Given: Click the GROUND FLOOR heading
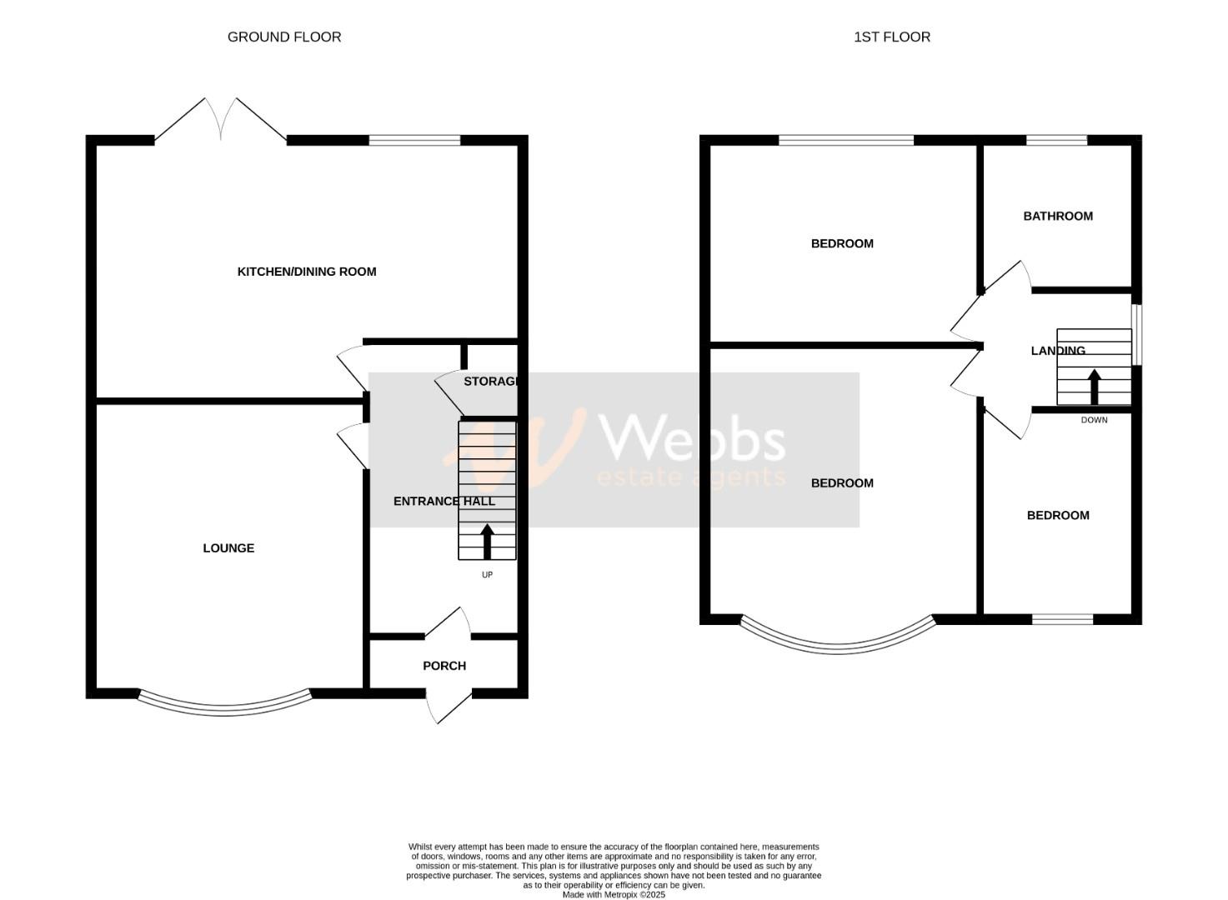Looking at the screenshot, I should (284, 37).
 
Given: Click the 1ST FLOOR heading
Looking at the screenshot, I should (891, 37).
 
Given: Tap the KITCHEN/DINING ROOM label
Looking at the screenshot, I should (307, 272).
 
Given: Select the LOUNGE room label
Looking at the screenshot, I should (228, 548).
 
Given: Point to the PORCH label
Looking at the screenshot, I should (444, 666).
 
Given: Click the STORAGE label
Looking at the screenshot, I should (491, 382).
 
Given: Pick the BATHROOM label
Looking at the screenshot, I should (1058, 217).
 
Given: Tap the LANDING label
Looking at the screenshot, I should (1058, 351).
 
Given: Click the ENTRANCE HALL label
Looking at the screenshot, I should (444, 502).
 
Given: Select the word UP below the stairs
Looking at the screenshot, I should (487, 575).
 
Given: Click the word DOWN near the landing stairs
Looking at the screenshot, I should (1094, 420).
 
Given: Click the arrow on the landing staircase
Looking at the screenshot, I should (1094, 387).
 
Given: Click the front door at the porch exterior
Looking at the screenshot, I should (447, 707).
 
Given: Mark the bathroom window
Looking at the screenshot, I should (1056, 140).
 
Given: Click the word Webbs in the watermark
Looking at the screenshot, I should (692, 439).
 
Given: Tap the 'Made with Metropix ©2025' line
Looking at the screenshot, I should (614, 895).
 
